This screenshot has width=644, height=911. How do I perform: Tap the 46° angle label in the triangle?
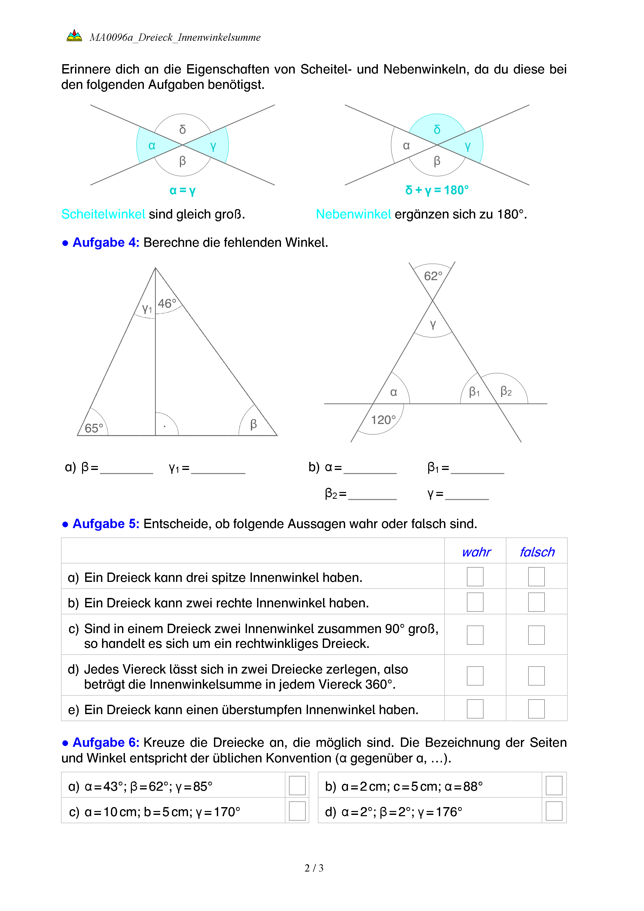click(167, 303)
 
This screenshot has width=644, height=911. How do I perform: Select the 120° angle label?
click(383, 420)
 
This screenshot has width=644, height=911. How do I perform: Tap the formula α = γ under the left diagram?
click(182, 190)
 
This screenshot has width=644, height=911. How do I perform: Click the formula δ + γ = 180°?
click(437, 190)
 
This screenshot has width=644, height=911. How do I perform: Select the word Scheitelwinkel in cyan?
click(103, 214)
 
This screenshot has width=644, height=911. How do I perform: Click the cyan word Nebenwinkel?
click(353, 214)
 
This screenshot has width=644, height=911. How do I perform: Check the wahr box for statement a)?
click(475, 576)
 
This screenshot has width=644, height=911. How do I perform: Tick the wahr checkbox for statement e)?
click(475, 709)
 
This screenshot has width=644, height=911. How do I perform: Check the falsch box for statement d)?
click(536, 676)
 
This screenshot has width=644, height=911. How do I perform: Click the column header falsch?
click(537, 552)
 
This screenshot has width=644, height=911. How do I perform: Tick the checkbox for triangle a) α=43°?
click(297, 786)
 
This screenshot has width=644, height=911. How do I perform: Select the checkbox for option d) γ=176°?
click(554, 811)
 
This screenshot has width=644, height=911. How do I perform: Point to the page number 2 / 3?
click(314, 868)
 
